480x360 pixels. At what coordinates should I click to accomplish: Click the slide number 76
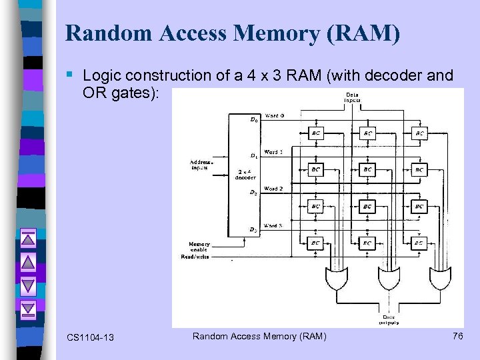457,336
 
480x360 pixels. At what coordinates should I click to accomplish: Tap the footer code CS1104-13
91,337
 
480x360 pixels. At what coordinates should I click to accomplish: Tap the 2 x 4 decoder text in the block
243,175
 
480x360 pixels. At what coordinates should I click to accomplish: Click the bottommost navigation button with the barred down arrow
28,309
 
